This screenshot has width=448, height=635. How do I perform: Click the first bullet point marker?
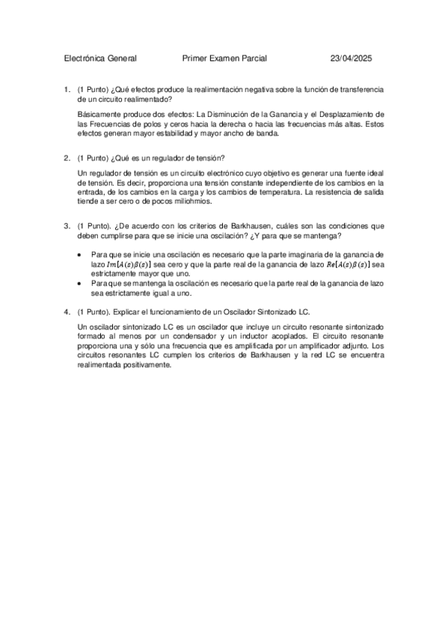tap(81, 255)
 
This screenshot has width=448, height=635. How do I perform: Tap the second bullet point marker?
tap(81, 284)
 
